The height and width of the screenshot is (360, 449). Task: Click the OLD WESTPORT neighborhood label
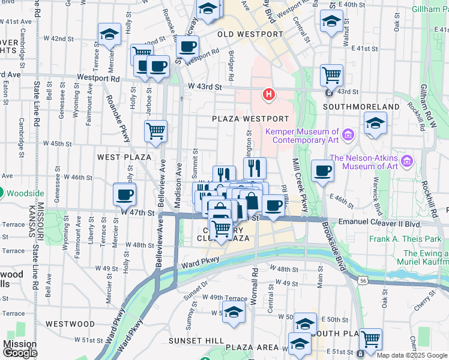tap(250, 34)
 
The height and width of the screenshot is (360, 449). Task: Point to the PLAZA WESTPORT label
tap(250, 119)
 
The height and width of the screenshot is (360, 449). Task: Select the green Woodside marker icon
tap(1, 193)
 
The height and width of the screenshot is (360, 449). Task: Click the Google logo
tap(20, 353)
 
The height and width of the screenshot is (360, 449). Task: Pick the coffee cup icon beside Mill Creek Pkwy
tap(322, 171)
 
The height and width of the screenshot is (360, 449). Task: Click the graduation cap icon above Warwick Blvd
tap(375, 124)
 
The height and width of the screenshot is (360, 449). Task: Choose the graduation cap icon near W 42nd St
tap(109, 35)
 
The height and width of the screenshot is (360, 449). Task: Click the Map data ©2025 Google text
tap(412, 355)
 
